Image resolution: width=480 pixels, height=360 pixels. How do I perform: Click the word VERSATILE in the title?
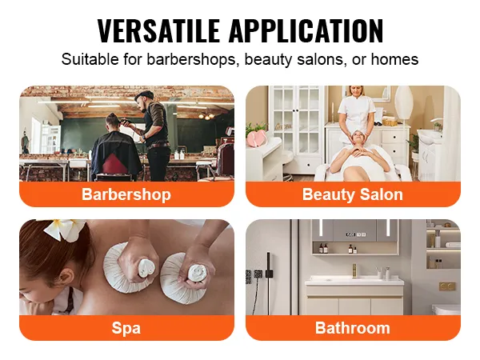point(159,31)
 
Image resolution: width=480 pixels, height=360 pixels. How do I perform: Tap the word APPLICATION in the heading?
point(305,31)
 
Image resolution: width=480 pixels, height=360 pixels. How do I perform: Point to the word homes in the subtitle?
point(395,59)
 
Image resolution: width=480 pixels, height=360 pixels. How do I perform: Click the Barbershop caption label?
point(126,194)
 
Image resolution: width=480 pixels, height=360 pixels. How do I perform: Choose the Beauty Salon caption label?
point(353,194)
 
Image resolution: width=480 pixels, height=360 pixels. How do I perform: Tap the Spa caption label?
point(126,328)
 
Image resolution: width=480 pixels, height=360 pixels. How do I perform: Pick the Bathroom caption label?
point(353,328)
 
